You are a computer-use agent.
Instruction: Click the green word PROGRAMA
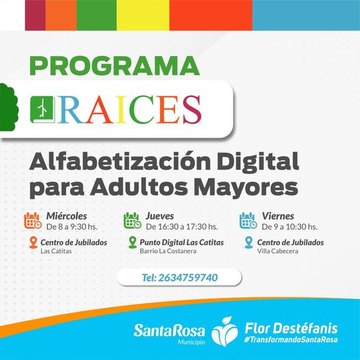114,66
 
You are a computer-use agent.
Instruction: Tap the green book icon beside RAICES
42,110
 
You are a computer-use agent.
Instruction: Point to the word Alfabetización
120,161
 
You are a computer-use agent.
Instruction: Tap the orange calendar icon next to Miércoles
33,221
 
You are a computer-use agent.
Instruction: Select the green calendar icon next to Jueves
133,221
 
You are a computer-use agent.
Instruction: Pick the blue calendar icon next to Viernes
248,221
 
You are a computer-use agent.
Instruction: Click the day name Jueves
159,216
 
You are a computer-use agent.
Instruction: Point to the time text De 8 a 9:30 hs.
72,227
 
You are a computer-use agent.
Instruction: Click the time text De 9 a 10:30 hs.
290,227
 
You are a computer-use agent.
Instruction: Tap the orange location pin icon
34,243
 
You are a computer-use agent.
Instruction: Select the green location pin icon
133,243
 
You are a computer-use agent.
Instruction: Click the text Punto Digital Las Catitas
181,242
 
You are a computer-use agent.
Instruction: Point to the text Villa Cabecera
278,251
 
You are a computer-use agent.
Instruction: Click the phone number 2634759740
188,278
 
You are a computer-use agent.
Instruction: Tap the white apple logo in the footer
224,331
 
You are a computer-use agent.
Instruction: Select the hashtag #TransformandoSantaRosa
291,339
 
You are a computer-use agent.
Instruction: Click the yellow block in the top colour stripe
143,15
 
